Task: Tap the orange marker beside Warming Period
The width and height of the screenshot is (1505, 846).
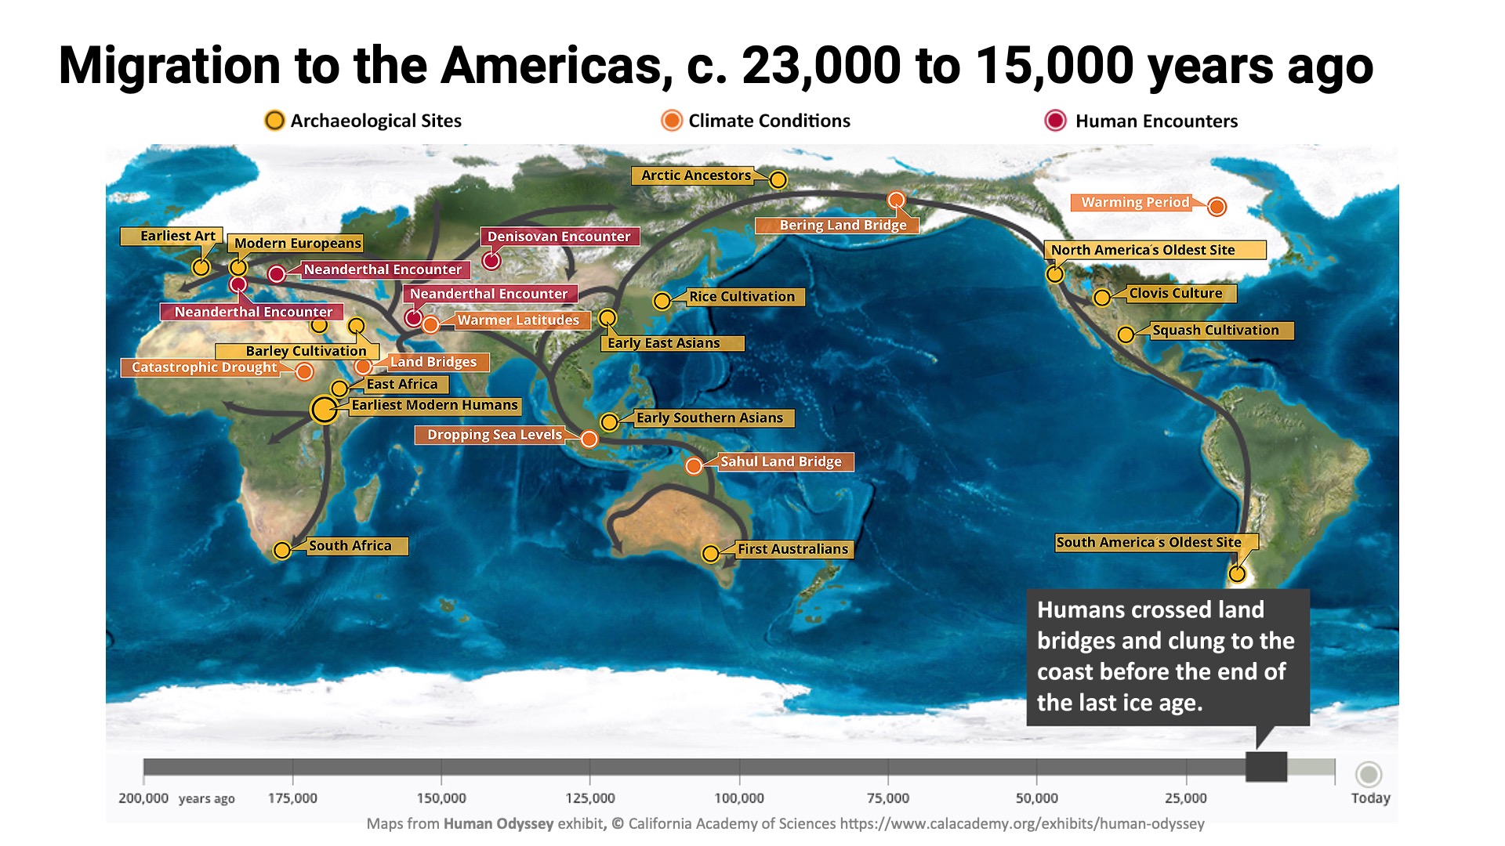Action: pyautogui.click(x=1217, y=207)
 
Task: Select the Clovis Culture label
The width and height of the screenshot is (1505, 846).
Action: pyautogui.click(x=1175, y=294)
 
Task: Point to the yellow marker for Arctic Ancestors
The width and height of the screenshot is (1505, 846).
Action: pyautogui.click(x=778, y=180)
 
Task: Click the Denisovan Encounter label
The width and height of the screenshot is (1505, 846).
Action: pyautogui.click(x=559, y=237)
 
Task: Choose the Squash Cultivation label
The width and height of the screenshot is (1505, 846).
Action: pyautogui.click(x=1215, y=331)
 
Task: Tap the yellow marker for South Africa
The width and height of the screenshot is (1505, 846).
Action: pyautogui.click(x=281, y=551)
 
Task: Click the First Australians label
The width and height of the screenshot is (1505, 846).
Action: pyautogui.click(x=792, y=549)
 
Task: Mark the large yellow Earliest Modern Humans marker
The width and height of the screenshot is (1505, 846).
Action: pyautogui.click(x=324, y=409)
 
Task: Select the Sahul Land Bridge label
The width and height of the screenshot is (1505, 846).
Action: pyautogui.click(x=781, y=462)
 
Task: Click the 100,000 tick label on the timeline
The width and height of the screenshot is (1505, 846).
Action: pyautogui.click(x=738, y=798)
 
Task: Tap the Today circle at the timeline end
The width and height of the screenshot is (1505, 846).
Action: pyautogui.click(x=1369, y=775)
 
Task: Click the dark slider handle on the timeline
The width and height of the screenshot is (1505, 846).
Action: pyautogui.click(x=1266, y=767)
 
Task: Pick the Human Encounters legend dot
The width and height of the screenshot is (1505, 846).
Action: pyautogui.click(x=1055, y=121)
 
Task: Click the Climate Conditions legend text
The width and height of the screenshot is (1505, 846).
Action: pyautogui.click(x=769, y=121)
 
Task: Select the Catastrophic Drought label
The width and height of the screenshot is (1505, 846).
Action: pyautogui.click(x=203, y=367)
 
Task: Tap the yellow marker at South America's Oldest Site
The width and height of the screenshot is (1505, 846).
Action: pyautogui.click(x=1236, y=574)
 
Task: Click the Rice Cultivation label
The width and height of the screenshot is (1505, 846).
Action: pyautogui.click(x=742, y=297)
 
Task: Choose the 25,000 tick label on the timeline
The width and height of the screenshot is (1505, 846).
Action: pyautogui.click(x=1185, y=798)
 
